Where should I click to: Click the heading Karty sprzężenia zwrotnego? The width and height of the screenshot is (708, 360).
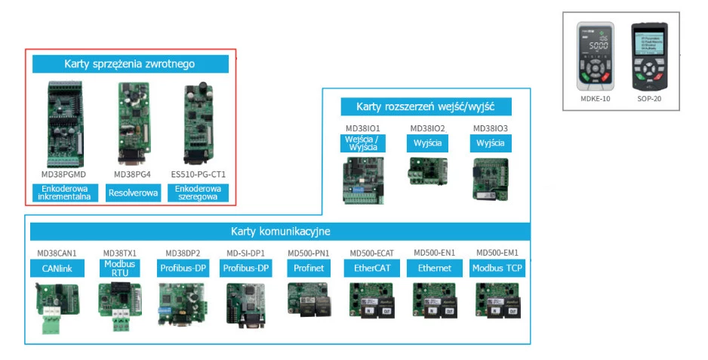pyautogui.click(x=130, y=64)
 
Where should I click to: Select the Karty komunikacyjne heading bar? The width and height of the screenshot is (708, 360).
pyautogui.click(x=280, y=231)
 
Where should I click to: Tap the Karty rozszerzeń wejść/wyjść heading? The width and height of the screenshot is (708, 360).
pyautogui.click(x=426, y=106)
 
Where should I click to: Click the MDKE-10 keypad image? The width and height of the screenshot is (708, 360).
pyautogui.click(x=596, y=57)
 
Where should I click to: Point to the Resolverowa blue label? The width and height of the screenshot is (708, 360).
pyautogui.click(x=133, y=193)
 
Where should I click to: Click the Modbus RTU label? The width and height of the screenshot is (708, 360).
pyautogui.click(x=120, y=268)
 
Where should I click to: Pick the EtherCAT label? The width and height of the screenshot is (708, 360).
pyautogui.click(x=369, y=268)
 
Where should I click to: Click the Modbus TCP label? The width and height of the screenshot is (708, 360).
pyautogui.click(x=497, y=268)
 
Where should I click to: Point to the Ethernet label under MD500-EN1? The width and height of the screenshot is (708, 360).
pyautogui.click(x=433, y=268)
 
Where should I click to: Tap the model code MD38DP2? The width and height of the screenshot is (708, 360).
pyautogui.click(x=183, y=252)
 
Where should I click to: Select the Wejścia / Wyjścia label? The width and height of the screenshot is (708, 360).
pyautogui.click(x=363, y=143)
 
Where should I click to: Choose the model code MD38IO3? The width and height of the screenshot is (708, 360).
pyautogui.click(x=490, y=128)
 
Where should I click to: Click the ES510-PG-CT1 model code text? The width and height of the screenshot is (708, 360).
pyautogui.click(x=199, y=174)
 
